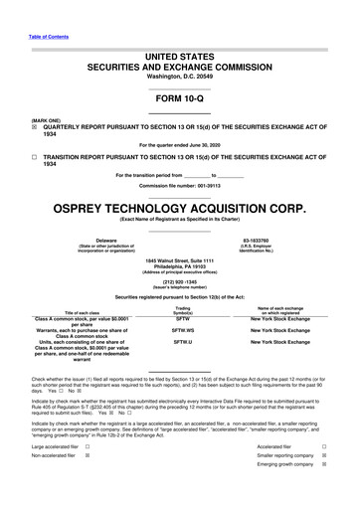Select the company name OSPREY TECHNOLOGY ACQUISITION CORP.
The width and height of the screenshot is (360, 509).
click(179, 207)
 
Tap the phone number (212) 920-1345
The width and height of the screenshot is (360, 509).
click(179, 280)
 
